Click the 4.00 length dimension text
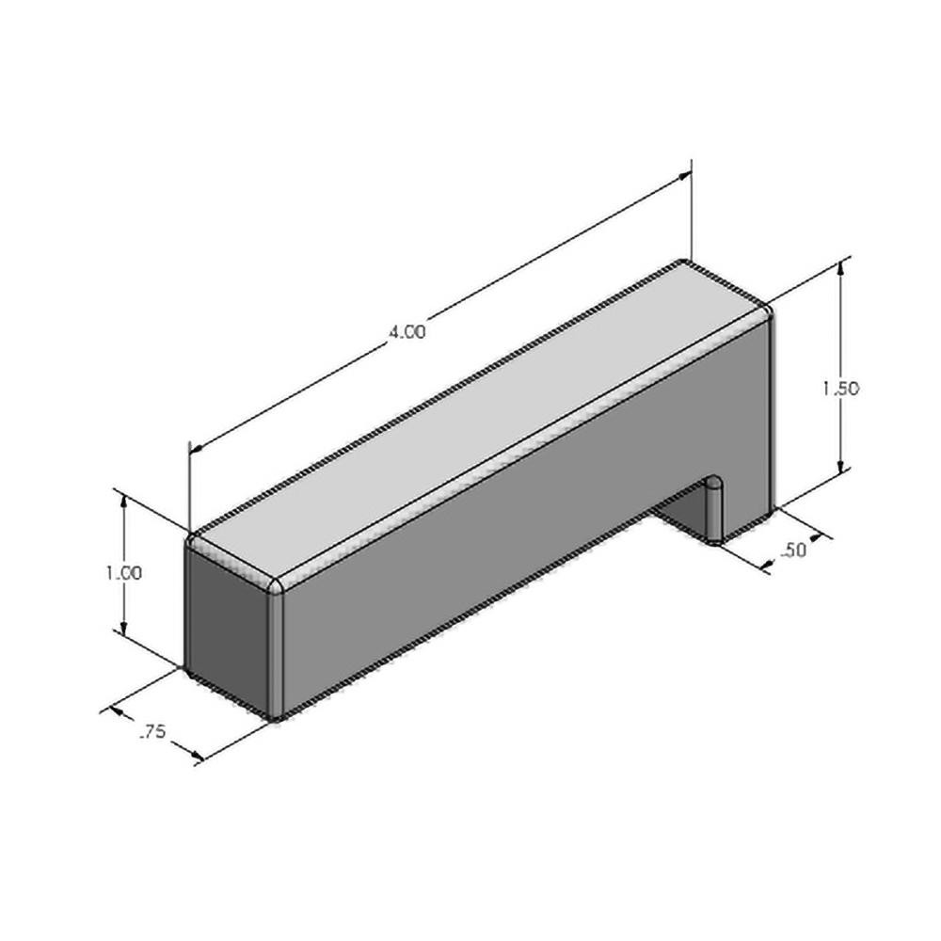click(407, 332)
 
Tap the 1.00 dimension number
click(125, 572)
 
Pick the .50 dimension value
click(794, 550)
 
